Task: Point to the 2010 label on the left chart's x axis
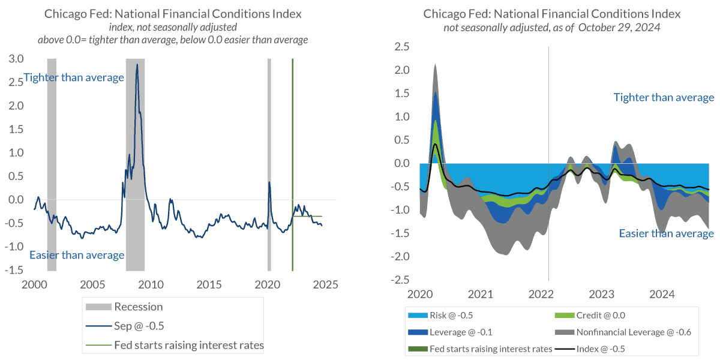151,284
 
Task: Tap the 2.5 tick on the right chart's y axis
402,47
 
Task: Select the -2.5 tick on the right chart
400,280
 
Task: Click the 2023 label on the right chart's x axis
602,295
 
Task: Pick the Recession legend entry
139,307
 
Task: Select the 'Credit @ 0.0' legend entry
601,315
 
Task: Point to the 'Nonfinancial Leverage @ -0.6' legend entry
631,332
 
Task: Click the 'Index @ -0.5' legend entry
602,349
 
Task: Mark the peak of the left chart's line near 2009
137,65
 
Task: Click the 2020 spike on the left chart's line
269,182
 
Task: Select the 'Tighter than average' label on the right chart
664,97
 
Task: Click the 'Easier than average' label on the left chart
77,255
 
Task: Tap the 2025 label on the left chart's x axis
326,284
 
